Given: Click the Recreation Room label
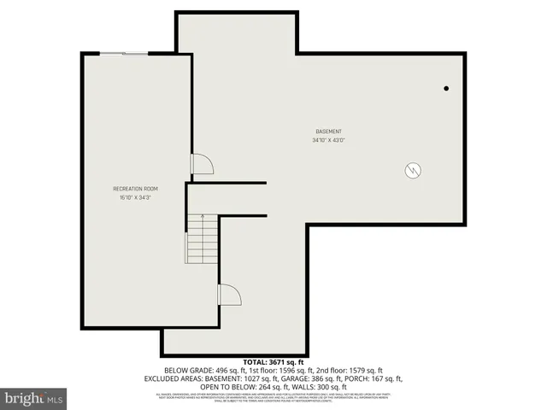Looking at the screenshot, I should pyautogui.click(x=135, y=188).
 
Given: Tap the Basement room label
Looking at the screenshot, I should pyautogui.click(x=328, y=131).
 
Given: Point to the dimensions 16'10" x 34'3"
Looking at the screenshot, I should pyautogui.click(x=135, y=197).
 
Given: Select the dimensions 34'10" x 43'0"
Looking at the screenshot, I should pyautogui.click(x=328, y=139).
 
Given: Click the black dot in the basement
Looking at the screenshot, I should pyautogui.click(x=446, y=88).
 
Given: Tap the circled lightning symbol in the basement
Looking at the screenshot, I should pyautogui.click(x=412, y=169).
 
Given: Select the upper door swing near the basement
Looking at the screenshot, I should pyautogui.click(x=201, y=164).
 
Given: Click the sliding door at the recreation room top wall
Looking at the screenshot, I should pyautogui.click(x=124, y=55).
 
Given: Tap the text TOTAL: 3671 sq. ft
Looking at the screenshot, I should pyautogui.click(x=273, y=362).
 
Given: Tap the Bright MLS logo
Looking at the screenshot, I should pyautogui.click(x=34, y=398).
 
